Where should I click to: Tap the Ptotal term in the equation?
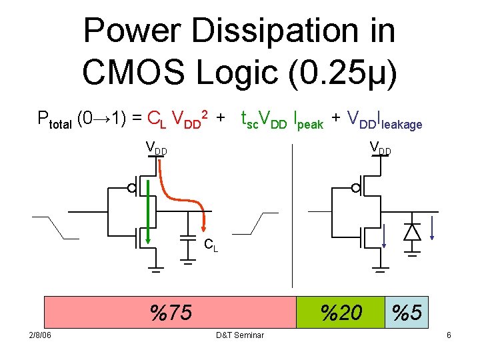click(x=55, y=121)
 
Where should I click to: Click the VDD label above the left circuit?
click(x=156, y=148)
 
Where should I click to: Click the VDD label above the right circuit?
click(x=380, y=148)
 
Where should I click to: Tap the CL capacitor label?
click(x=211, y=245)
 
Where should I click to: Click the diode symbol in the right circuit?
click(x=412, y=231)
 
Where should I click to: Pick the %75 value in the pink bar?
click(x=171, y=312)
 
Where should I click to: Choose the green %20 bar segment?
click(x=340, y=312)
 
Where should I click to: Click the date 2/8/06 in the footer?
click(x=39, y=335)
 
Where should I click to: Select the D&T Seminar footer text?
click(x=240, y=335)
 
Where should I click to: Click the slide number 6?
click(x=449, y=335)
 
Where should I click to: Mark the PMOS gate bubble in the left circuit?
click(x=132, y=188)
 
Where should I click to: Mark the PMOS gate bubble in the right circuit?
click(x=356, y=188)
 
